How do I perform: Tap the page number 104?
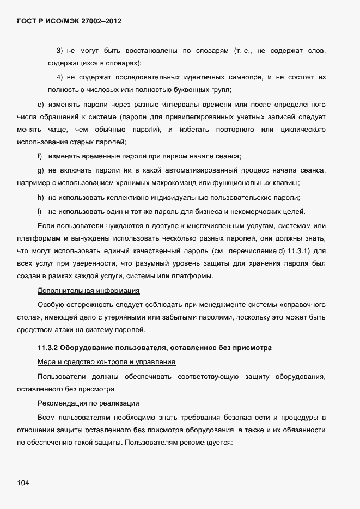click(x=23, y=483)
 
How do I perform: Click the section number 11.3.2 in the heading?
click(x=47, y=347)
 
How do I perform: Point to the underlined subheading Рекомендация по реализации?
click(x=88, y=403)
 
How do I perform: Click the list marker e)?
click(x=40, y=104)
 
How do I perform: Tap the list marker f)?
click(x=40, y=156)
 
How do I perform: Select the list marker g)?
click(x=40, y=170)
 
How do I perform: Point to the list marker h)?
click(x=40, y=198)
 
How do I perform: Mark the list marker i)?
click(x=39, y=211)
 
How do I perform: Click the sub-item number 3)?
click(x=60, y=51)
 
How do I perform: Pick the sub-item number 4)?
click(x=60, y=77)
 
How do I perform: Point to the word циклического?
click(x=303, y=130)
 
